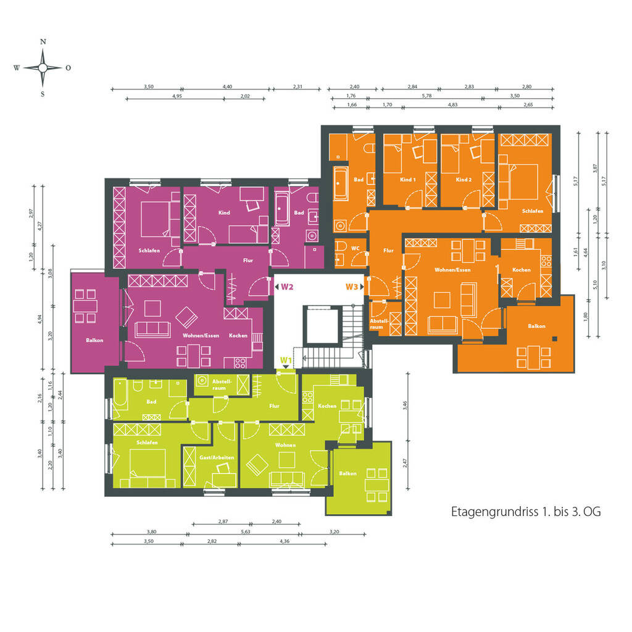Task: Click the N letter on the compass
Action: (43, 43)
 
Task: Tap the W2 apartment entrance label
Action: (286, 286)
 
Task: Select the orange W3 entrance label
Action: (352, 286)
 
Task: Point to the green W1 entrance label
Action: (286, 360)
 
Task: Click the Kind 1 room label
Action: (408, 180)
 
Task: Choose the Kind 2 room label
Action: (464, 180)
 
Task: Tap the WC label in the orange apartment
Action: (355, 248)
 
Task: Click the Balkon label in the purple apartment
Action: (94, 340)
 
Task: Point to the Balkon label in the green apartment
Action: (347, 473)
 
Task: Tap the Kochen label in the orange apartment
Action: (522, 270)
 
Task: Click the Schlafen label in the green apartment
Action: (148, 443)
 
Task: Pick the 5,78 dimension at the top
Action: (426, 96)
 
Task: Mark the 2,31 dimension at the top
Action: (297, 87)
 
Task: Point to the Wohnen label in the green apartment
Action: (286, 444)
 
